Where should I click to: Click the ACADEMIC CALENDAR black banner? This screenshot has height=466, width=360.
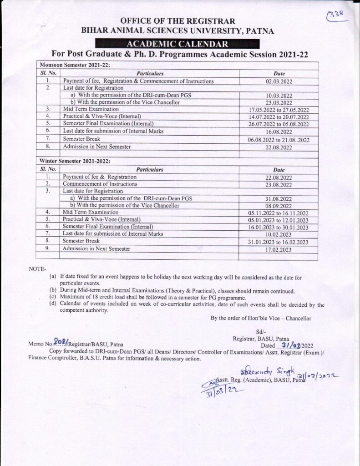(x=179, y=44)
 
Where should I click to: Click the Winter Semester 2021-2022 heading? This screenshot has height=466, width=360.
(x=75, y=161)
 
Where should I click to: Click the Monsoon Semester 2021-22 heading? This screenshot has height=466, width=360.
(x=74, y=66)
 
